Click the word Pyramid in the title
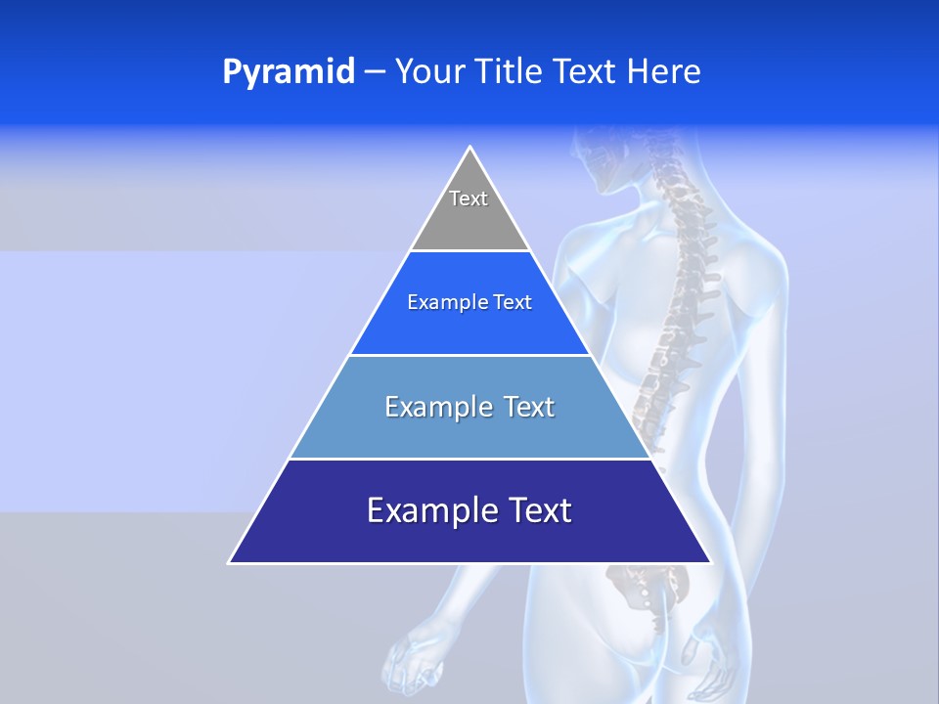(x=288, y=72)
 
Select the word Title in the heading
(x=513, y=72)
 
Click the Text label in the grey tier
(x=469, y=198)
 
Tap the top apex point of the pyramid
(x=470, y=149)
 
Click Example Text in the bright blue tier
(x=469, y=302)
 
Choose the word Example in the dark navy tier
(x=428, y=510)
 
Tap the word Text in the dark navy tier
(x=538, y=510)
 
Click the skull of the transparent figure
(x=602, y=156)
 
